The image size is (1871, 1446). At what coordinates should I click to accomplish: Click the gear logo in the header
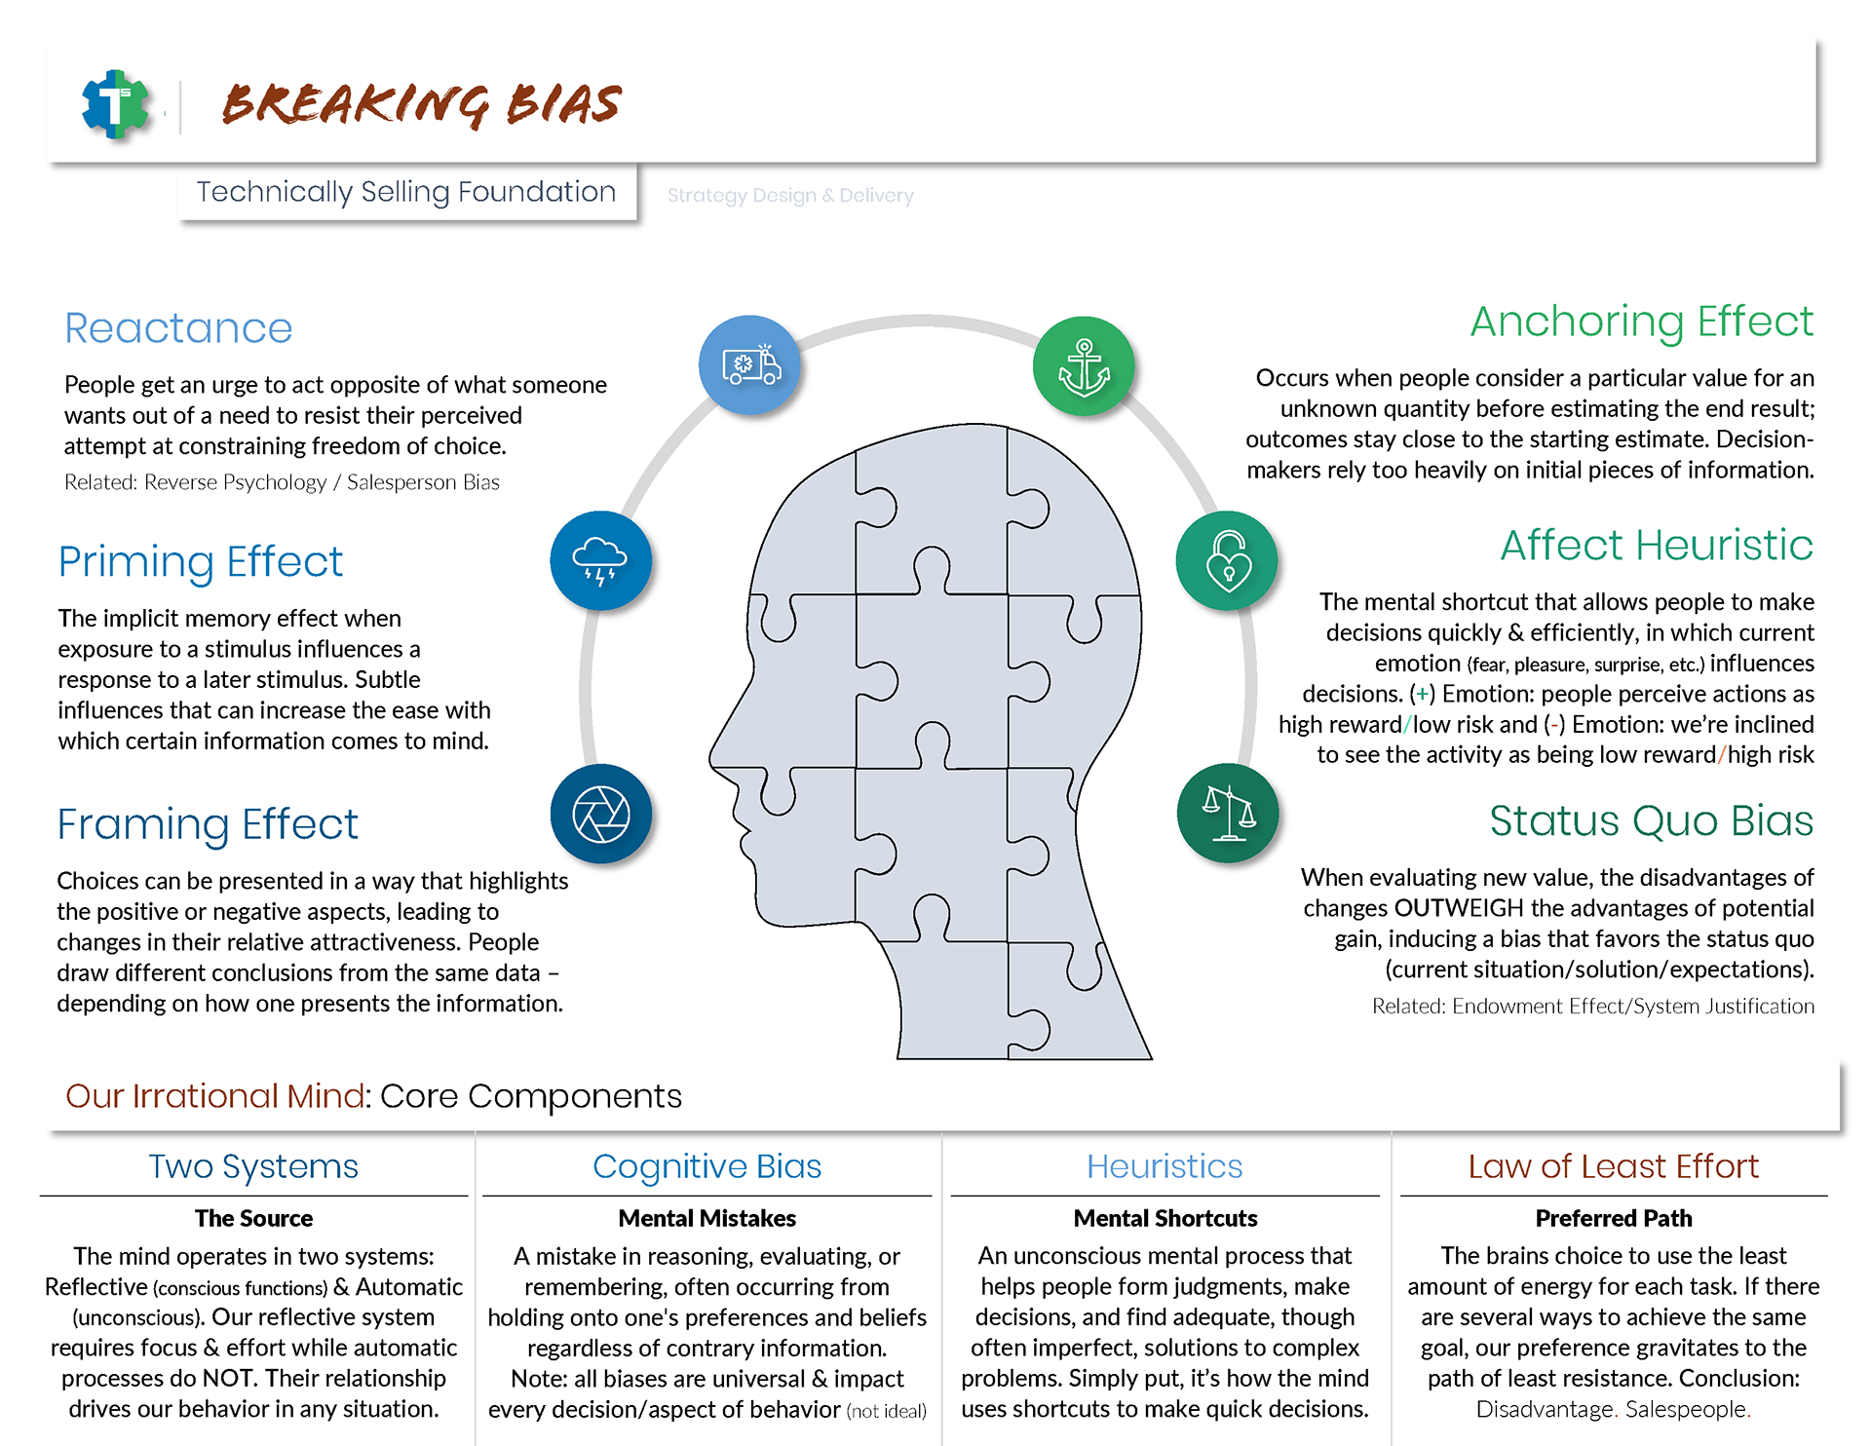click(x=116, y=103)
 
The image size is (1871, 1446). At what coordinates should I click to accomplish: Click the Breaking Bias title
click(x=421, y=104)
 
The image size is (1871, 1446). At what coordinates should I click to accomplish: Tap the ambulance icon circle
click(x=749, y=365)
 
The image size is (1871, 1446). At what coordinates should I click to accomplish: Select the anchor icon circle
click(x=1084, y=366)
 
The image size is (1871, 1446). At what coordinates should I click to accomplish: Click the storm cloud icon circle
click(x=600, y=560)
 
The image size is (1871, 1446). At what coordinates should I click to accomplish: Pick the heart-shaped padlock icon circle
click(x=1227, y=560)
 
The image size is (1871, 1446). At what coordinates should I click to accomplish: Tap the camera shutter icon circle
click(x=600, y=814)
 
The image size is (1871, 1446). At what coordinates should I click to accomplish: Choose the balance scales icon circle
click(x=1227, y=814)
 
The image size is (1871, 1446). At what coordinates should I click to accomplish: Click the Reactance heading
click(x=178, y=328)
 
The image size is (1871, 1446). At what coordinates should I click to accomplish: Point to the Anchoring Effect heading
click(x=1641, y=322)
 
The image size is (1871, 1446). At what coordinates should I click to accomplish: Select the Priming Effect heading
click(x=200, y=562)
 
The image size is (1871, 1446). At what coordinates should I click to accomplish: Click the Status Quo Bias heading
click(x=1651, y=820)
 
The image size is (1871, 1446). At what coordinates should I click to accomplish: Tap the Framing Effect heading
click(x=208, y=824)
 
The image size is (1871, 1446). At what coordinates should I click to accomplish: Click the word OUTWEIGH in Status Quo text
click(x=1459, y=908)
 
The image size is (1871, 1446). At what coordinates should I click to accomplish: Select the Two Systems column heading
click(x=253, y=1166)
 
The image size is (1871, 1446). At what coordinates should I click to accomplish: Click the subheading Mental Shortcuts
click(x=1165, y=1218)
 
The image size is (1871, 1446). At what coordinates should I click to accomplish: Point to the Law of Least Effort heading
click(x=1613, y=1166)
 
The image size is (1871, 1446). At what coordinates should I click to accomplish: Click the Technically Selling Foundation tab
click(x=406, y=192)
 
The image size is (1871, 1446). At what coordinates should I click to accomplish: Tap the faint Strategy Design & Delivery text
click(x=790, y=196)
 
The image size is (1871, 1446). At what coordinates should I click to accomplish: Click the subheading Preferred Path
click(x=1613, y=1218)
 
